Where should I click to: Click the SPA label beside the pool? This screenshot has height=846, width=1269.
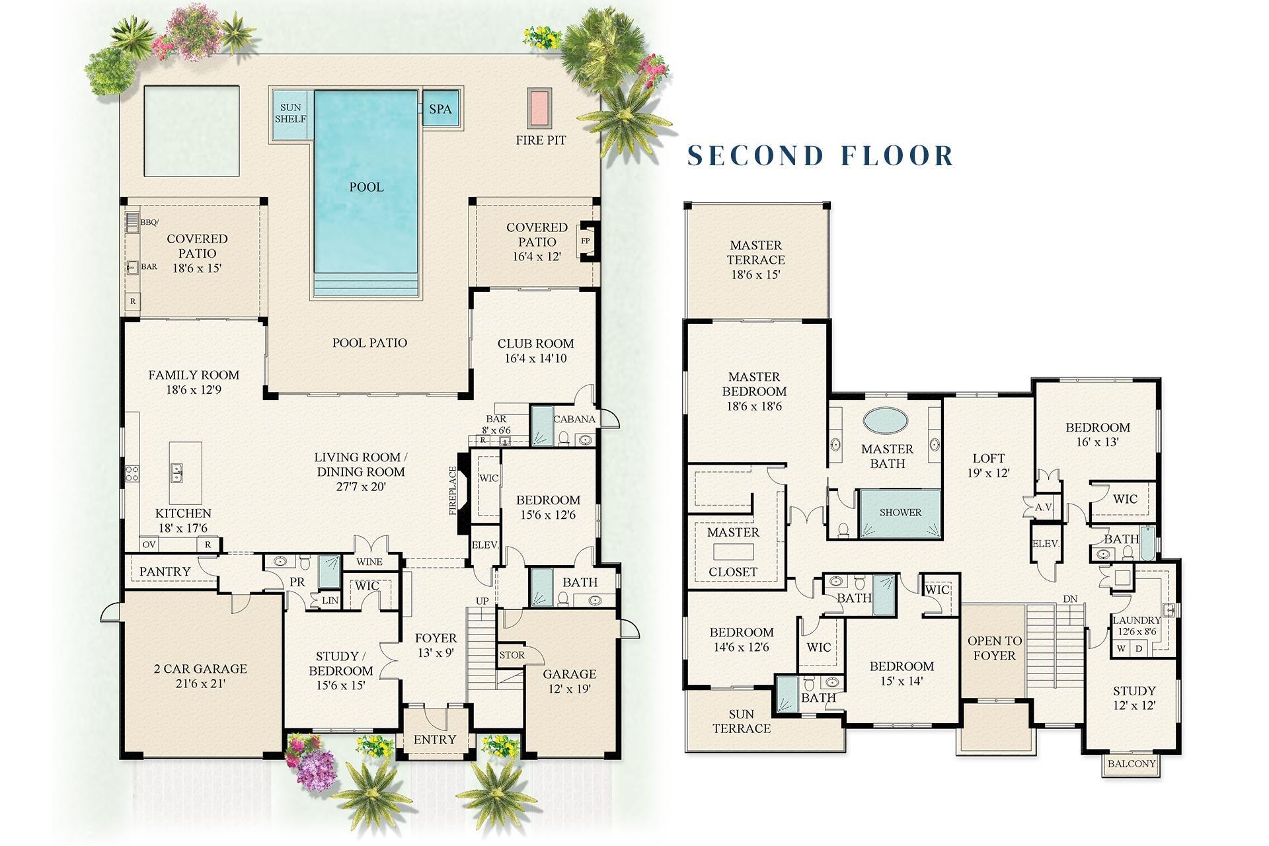(440, 109)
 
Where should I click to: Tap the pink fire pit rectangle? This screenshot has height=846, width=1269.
(539, 108)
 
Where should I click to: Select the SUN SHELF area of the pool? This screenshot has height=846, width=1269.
(291, 113)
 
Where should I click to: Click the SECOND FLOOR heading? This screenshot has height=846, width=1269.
(821, 155)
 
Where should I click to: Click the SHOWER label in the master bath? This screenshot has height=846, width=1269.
(900, 512)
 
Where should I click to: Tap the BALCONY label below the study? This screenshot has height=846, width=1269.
(1132, 763)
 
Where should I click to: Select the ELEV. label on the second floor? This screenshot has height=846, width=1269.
(1046, 543)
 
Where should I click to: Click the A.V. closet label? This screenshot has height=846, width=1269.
(1044, 508)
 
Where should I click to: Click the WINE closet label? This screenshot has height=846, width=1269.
(369, 562)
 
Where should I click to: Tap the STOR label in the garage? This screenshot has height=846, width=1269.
(512, 655)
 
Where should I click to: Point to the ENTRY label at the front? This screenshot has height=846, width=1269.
(435, 740)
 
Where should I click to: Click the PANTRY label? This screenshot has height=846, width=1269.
(165, 571)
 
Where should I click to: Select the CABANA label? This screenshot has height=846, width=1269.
(574, 419)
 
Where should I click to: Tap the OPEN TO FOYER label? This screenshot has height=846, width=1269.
(994, 648)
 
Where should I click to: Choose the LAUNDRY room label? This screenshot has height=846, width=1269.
(1136, 621)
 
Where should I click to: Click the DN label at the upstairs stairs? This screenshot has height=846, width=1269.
(1070, 599)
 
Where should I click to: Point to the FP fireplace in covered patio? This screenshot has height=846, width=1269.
(585, 241)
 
